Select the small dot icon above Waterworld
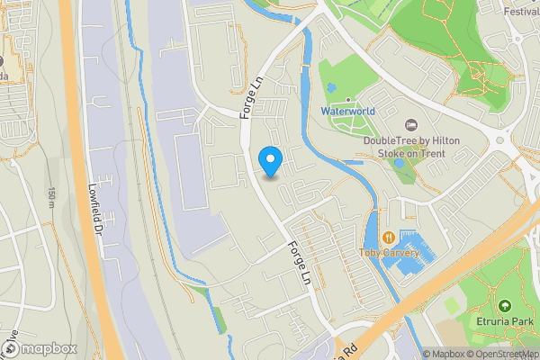[x=347, y=99]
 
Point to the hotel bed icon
[x=412, y=124]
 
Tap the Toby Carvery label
[x=389, y=253]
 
